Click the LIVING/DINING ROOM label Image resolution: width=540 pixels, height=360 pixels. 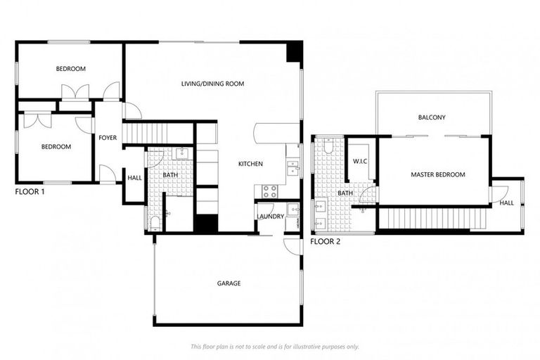[212, 84]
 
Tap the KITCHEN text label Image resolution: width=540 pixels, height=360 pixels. [250, 164]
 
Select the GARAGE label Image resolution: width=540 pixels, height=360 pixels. [229, 283]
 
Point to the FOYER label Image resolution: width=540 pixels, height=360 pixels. [108, 138]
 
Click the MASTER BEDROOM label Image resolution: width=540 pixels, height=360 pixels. [437, 174]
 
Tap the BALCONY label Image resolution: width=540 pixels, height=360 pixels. [432, 117]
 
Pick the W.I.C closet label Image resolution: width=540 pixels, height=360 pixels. [361, 162]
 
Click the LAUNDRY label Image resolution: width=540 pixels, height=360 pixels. [270, 217]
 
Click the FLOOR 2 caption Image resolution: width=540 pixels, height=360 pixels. [326, 241]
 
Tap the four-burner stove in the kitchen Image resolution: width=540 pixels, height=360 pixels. [270, 191]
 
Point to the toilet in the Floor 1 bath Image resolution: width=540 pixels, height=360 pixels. [155, 223]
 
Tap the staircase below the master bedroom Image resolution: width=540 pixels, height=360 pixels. [430, 219]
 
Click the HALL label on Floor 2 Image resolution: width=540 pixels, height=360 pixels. [506, 202]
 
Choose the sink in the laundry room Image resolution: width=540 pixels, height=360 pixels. [293, 209]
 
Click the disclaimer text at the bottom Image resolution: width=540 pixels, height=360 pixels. [274, 346]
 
